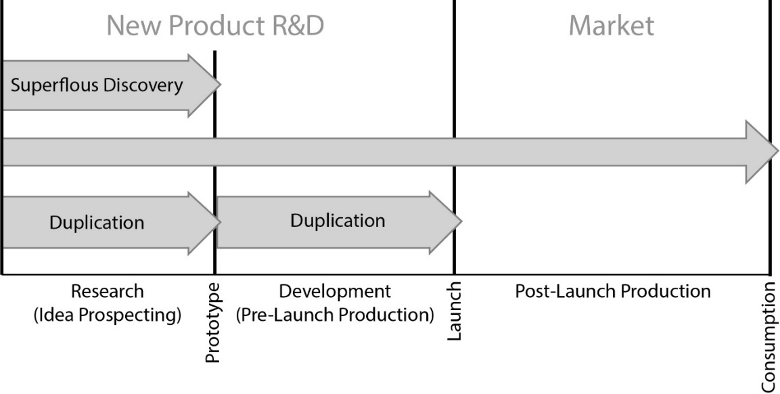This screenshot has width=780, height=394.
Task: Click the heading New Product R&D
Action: coord(215,26)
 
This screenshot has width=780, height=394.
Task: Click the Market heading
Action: coord(611,26)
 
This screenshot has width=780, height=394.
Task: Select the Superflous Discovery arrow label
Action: coord(97,86)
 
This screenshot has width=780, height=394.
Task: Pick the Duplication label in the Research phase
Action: coord(97,222)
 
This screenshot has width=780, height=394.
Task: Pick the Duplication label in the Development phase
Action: coord(338,220)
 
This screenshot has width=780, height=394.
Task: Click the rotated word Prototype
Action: coord(213,323)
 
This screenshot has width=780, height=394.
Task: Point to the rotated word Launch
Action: coord(455,312)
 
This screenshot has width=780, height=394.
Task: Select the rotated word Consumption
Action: coord(769,336)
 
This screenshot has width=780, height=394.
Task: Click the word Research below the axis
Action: coord(108,292)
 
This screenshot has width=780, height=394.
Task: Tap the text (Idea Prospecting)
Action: coord(108,315)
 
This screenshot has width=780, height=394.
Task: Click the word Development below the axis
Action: coord(335,292)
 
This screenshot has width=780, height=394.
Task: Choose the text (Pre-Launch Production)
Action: coord(335,315)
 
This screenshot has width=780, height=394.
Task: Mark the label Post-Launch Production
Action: coord(612,292)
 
